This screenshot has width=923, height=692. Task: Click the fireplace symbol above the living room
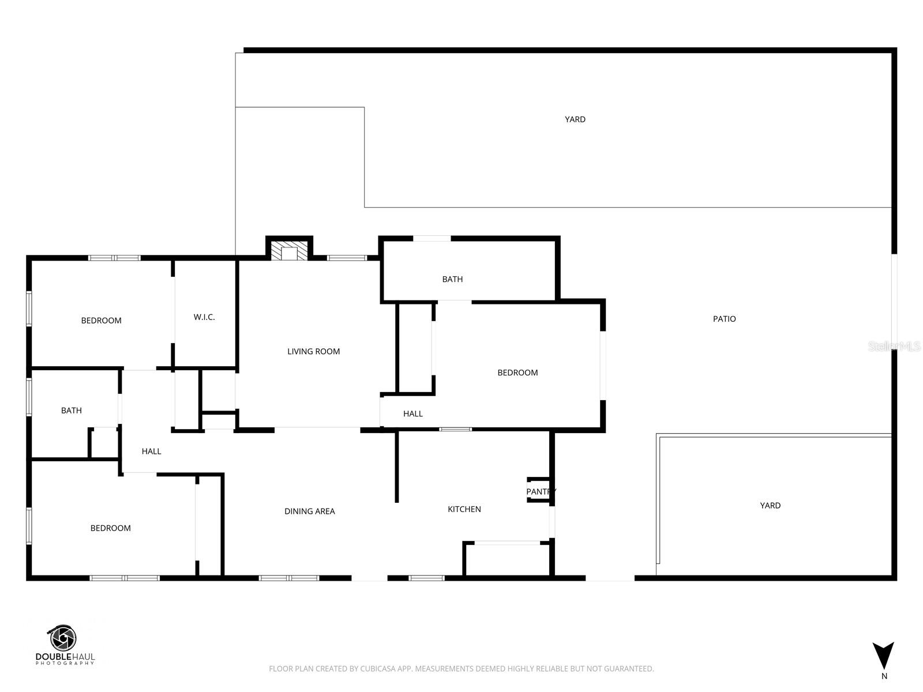289,251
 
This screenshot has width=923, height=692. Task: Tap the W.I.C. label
204,317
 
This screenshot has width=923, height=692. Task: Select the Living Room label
313,351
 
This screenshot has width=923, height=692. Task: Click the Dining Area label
309,511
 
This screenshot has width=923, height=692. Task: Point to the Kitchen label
464,509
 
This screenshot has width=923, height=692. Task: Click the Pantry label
541,491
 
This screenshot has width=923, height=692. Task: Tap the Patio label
724,319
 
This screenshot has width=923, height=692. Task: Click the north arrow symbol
883,656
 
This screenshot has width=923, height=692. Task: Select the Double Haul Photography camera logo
62,639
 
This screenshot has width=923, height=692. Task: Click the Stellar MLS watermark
895,346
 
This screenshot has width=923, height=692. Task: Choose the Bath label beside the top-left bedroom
72,411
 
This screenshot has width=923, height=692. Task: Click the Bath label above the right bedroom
452,279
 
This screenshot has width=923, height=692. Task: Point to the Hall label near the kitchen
413,413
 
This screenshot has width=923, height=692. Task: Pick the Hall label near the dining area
151,452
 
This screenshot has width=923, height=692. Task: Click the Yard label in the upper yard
575,119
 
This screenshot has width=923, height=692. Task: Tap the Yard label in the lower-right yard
770,506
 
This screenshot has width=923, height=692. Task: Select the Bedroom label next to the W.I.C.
101,321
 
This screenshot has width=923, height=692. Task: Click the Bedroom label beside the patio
517,373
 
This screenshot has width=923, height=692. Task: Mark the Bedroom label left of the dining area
110,528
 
